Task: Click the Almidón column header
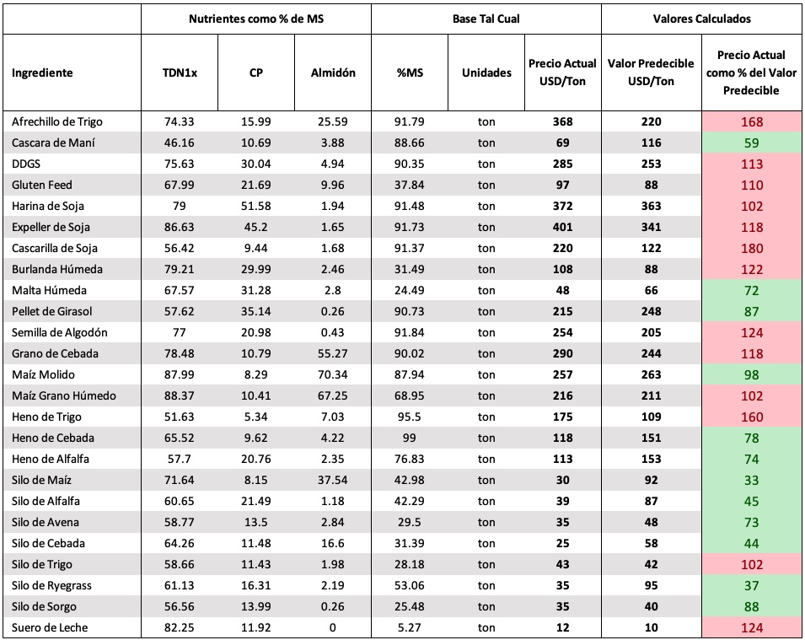coord(333,73)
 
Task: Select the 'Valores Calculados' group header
coord(701,19)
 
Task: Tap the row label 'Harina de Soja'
coord(48,206)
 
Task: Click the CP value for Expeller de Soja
coord(255,227)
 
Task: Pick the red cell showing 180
coord(752,249)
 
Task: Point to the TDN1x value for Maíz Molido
coord(180,374)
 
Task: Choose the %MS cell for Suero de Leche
coord(409,627)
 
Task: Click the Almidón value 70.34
coord(333,374)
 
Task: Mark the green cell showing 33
coord(752,481)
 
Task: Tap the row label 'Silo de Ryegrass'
coord(51,585)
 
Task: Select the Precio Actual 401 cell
coord(563,227)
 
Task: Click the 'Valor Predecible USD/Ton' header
coord(651,73)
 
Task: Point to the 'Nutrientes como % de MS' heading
coord(256,19)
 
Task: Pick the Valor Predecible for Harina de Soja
coord(651,206)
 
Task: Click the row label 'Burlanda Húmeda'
coord(57,269)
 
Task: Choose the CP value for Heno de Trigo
coord(255,417)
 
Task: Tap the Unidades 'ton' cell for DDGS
coord(486,164)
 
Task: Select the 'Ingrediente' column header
coord(42,73)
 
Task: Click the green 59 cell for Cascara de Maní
coord(752,143)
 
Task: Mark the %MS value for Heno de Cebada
coord(409,438)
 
